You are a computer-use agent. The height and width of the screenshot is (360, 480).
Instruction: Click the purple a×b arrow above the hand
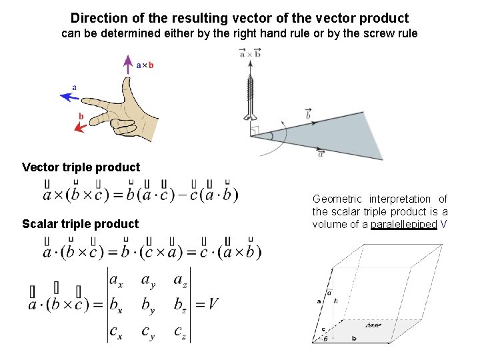pos(127,67)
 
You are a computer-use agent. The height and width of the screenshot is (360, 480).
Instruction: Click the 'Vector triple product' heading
pos(81,167)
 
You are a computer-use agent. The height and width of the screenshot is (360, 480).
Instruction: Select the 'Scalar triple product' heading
pos(80,224)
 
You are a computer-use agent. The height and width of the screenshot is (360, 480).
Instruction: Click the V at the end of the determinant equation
pos(213,305)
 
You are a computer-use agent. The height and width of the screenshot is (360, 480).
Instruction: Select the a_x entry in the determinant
pos(115,280)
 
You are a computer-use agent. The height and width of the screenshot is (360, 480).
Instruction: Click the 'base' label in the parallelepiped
pos(373,325)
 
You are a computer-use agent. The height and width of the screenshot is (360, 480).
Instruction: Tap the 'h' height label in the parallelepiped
pos(336,301)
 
